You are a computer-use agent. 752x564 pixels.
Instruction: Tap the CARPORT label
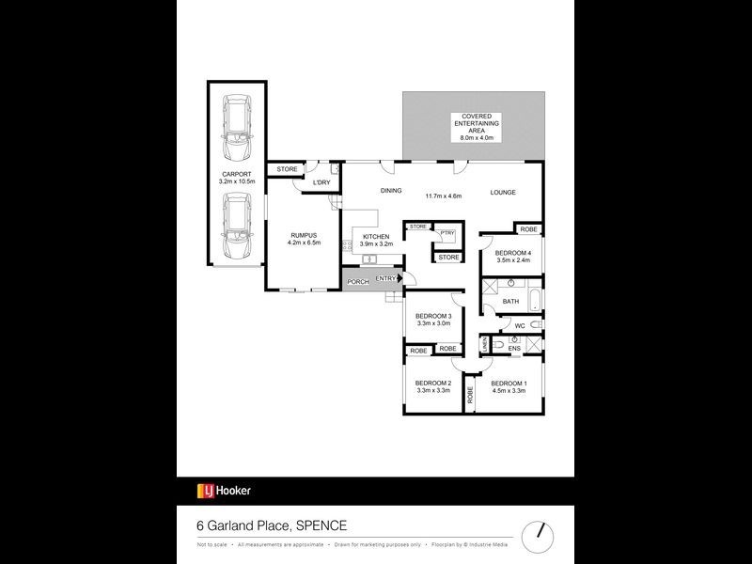tap(236, 174)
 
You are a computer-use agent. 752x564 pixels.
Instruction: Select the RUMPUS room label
tap(303, 235)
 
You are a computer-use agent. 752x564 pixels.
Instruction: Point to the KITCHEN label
tap(376, 237)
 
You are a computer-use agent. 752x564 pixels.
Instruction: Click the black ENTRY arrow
tap(399, 278)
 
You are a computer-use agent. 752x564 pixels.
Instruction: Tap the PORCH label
tap(357, 282)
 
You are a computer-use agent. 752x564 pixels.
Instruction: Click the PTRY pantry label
tap(447, 232)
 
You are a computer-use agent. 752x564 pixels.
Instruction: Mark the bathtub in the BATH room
tap(534, 301)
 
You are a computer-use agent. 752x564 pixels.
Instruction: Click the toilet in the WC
tap(533, 325)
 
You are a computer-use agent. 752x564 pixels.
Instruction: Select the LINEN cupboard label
tap(485, 347)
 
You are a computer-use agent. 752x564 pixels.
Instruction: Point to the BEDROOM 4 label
tap(513, 252)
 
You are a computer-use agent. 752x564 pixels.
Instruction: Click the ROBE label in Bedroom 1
tap(470, 396)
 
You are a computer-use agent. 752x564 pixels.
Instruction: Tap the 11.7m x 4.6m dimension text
tap(443, 196)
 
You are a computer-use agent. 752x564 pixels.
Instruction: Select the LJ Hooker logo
tap(224, 491)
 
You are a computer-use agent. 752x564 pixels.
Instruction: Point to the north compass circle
tap(539, 533)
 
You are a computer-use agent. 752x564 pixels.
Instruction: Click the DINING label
tap(391, 191)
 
